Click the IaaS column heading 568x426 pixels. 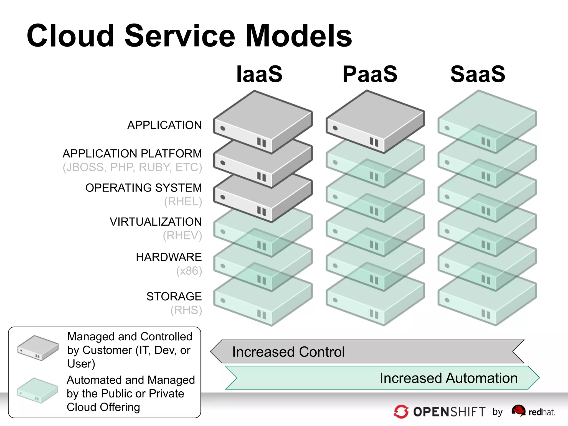tap(259, 74)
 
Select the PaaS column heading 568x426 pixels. tap(370, 74)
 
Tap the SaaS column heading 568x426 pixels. tap(478, 74)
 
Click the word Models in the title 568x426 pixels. tap(299, 36)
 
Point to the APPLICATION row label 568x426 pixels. tap(164, 125)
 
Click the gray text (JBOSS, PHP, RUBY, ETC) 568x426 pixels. tap(132, 167)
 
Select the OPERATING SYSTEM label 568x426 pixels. tap(143, 188)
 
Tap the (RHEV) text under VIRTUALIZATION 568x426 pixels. tap(182, 235)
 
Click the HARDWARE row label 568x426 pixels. tap(169, 257)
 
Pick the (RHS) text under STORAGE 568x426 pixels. tap(186, 310)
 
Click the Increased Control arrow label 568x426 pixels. tap(288, 352)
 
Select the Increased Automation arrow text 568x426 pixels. tap(448, 378)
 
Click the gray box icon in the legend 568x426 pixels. tap(38, 348)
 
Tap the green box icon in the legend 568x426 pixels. tap(37, 390)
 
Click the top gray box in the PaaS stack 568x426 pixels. tap(375, 121)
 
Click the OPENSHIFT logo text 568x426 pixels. tap(449, 412)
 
